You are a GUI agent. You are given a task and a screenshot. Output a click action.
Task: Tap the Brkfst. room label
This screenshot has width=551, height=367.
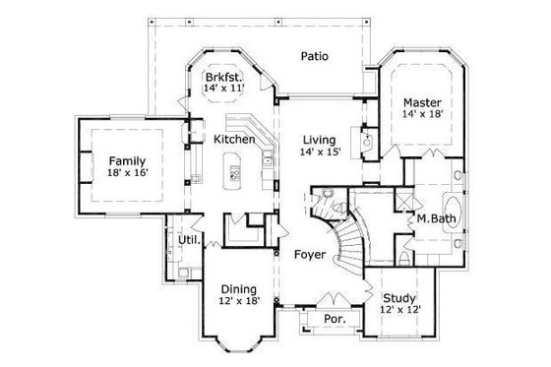click(x=221, y=78)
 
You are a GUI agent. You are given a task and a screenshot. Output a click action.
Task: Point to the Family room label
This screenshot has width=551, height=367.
click(x=127, y=160)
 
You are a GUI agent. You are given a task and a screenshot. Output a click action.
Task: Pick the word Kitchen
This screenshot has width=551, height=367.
click(x=235, y=140)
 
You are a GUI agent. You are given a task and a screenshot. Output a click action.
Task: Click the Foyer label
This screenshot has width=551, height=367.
click(x=310, y=255)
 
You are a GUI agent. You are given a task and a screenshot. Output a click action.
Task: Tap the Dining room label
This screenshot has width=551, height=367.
click(x=239, y=289)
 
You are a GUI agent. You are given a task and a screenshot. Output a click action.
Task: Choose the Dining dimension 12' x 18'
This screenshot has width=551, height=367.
click(x=239, y=302)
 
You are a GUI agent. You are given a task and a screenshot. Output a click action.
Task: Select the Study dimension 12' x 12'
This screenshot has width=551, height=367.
click(x=398, y=310)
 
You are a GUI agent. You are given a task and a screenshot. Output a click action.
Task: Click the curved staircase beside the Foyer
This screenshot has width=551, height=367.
click(x=346, y=246)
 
